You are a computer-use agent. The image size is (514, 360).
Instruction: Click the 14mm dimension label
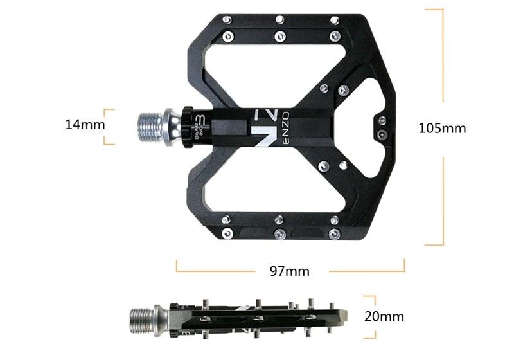(x=85, y=125)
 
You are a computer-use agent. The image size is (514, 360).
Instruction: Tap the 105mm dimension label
(x=441, y=128)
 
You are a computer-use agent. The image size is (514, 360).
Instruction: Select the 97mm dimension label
(x=289, y=271)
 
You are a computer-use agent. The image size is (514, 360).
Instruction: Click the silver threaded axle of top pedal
(x=150, y=122)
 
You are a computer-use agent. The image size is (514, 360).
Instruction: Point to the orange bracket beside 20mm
(x=371, y=316)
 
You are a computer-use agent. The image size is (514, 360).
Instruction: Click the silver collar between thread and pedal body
(x=173, y=122)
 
